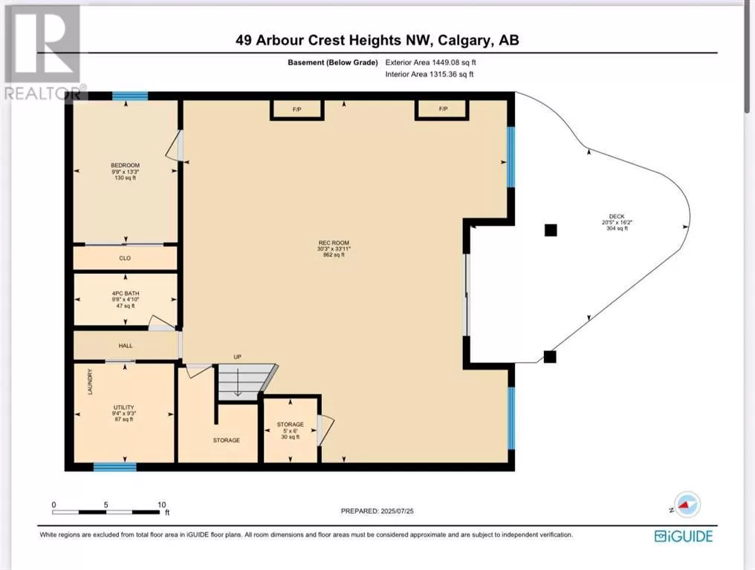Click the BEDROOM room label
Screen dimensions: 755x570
[x=125, y=166]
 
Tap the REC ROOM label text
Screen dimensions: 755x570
[x=334, y=243]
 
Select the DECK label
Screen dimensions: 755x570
[x=617, y=217]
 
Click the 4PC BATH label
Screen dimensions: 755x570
[x=125, y=293]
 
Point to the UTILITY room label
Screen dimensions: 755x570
[x=124, y=407]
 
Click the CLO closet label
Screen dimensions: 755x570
[x=125, y=258]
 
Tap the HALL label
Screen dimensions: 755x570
[x=126, y=346]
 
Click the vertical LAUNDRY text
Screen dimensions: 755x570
[x=90, y=382]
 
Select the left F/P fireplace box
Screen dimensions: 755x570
[x=297, y=108]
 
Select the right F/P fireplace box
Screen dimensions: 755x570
[x=443, y=108]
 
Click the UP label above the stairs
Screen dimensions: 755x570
[x=237, y=357]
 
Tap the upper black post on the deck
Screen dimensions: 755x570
[x=551, y=230]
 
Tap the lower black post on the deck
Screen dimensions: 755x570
[x=550, y=357]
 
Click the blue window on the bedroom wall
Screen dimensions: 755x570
[x=130, y=96]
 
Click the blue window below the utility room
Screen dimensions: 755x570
[x=114, y=467]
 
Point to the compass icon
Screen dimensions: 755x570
[x=686, y=505]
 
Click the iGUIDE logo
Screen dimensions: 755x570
[x=684, y=536]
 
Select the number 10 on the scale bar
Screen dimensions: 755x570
[x=162, y=505]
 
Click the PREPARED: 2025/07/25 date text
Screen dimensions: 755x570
[x=377, y=511]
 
